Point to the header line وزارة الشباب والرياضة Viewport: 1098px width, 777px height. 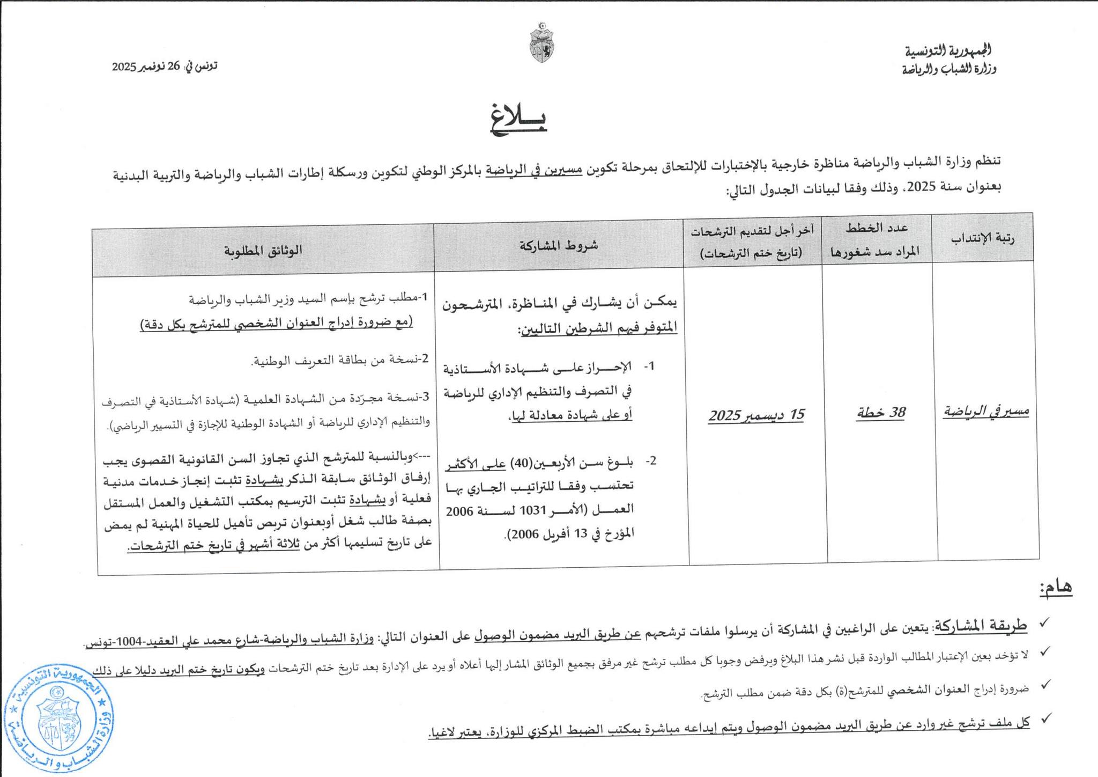[949, 69]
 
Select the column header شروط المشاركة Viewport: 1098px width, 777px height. [558, 245]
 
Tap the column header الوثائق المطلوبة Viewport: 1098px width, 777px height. [263, 250]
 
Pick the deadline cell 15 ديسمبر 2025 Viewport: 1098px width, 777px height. [756, 415]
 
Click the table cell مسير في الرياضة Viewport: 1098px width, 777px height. [986, 411]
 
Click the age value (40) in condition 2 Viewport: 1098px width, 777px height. [520, 462]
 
